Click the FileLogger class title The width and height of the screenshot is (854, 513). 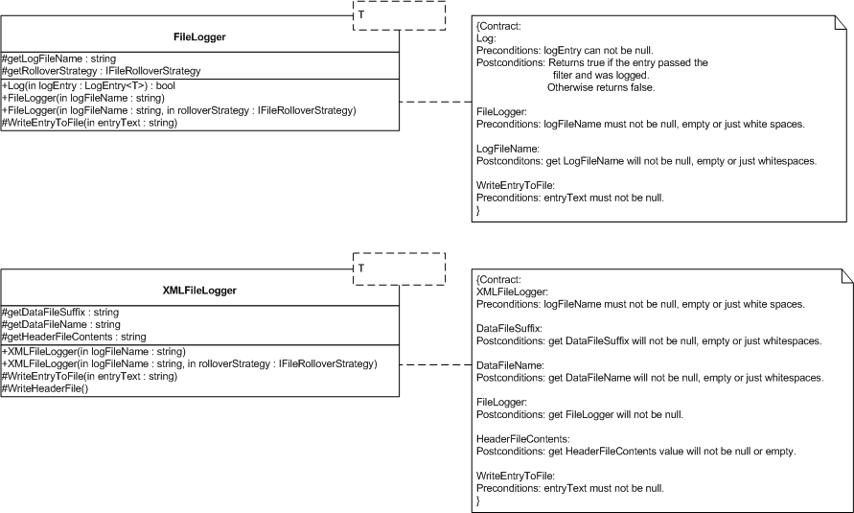[x=199, y=37]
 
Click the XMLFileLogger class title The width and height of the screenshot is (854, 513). [x=199, y=291]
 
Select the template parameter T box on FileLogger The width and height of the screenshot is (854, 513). [x=400, y=15]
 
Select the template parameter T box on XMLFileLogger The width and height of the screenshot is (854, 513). [x=400, y=269]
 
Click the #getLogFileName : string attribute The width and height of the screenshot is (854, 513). [x=58, y=58]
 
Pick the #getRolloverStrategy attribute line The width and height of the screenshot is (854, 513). [x=102, y=71]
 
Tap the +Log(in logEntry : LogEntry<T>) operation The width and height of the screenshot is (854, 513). [x=89, y=85]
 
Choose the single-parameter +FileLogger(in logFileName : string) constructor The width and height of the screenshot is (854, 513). [x=83, y=98]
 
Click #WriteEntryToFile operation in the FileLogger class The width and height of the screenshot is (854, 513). [x=90, y=123]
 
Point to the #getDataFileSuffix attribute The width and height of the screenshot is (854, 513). [x=60, y=312]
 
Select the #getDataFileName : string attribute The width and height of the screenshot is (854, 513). [x=61, y=324]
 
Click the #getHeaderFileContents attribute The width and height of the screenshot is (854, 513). [x=74, y=337]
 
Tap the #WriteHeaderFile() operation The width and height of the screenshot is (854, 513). [x=45, y=388]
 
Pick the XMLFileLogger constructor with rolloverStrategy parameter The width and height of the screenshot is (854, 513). [x=190, y=363]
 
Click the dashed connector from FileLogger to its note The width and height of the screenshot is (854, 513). [x=436, y=102]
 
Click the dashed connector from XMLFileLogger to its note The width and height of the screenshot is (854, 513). [x=436, y=365]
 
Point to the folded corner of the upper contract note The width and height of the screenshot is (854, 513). [x=841, y=22]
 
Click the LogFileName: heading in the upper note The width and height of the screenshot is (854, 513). [x=508, y=149]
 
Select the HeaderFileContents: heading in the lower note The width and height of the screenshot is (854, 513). [x=523, y=439]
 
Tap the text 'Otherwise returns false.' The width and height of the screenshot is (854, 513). [x=601, y=87]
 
